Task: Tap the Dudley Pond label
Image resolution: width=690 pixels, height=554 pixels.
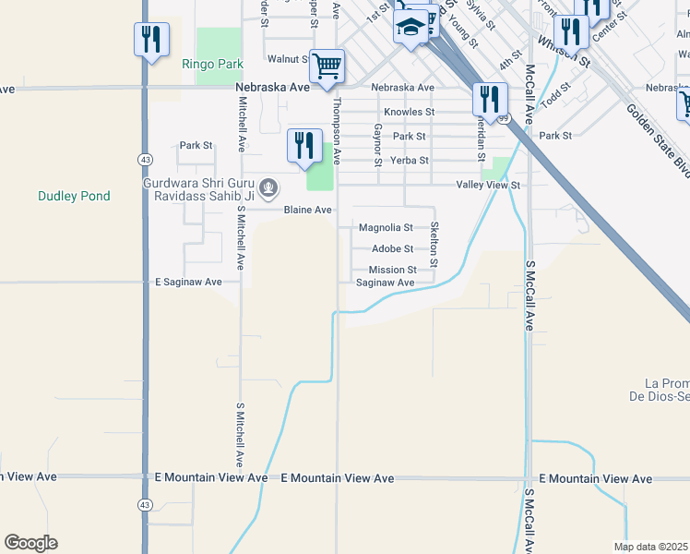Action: click(74, 196)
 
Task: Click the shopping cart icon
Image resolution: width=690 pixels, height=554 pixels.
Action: click(327, 66)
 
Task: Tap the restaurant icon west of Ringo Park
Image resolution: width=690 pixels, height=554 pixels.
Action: click(151, 40)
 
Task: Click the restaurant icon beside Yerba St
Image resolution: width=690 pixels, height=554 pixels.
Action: click(303, 146)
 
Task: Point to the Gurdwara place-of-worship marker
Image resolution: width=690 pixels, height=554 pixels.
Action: click(268, 188)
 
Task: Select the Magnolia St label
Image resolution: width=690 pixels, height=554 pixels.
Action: click(385, 227)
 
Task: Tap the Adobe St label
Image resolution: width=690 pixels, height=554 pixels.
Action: click(392, 249)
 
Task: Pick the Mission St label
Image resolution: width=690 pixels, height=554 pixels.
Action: click(393, 271)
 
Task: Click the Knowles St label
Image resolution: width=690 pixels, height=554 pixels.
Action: click(409, 112)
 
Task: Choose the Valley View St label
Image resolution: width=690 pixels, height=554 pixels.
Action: click(490, 186)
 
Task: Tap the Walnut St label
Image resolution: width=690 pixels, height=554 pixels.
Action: click(288, 59)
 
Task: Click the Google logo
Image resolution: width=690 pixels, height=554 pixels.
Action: click(30, 543)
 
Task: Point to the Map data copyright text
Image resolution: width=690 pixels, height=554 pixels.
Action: click(651, 547)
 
